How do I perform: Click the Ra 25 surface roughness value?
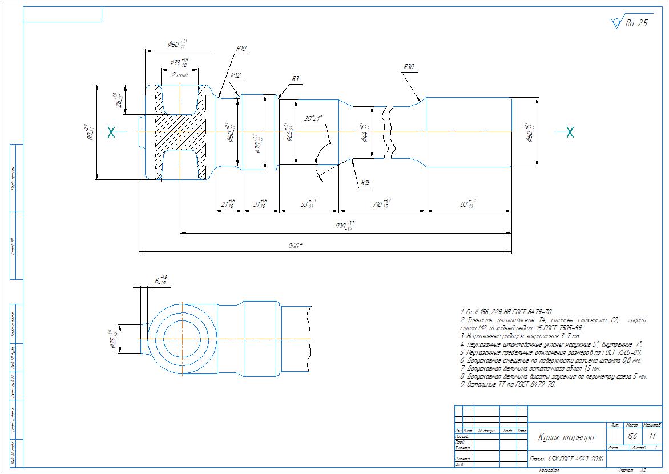(636, 23)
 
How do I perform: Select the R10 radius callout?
(241, 49)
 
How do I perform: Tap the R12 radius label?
(236, 75)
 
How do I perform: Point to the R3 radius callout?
(295, 79)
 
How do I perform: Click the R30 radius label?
(408, 67)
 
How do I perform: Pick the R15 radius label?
(366, 183)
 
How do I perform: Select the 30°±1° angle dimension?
(313, 118)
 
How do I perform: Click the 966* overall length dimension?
(295, 246)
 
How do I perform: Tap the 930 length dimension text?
(344, 226)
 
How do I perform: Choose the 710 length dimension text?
(382, 203)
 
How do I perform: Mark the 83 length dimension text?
(466, 203)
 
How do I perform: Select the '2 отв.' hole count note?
(180, 75)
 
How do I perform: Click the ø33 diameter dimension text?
(179, 62)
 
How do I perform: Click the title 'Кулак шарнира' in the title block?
(565, 437)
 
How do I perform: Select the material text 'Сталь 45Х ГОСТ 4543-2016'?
(566, 459)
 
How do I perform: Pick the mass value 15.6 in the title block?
(632, 436)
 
